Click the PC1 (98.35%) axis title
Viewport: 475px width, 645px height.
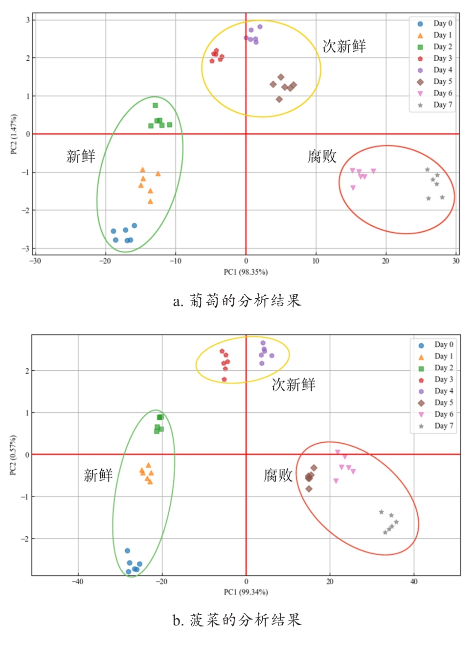click(x=246, y=272)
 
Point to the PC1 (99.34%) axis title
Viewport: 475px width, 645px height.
click(x=246, y=592)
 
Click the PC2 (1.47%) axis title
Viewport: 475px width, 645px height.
click(x=14, y=134)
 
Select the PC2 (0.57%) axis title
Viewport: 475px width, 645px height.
click(x=13, y=455)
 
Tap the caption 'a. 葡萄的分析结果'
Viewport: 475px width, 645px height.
click(x=237, y=300)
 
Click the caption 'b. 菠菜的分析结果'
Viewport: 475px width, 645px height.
click(x=237, y=620)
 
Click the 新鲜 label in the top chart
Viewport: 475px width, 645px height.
click(x=81, y=157)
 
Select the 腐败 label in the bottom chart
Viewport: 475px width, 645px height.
click(x=278, y=475)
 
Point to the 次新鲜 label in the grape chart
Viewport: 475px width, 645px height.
click(x=344, y=47)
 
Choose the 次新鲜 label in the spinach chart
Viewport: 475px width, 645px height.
click(x=294, y=385)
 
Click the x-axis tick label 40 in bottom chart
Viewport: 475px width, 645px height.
click(x=414, y=582)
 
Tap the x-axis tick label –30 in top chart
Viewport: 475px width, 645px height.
click(x=35, y=261)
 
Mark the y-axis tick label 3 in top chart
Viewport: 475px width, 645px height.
click(x=28, y=20)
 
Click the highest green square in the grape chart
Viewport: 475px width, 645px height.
click(x=155, y=105)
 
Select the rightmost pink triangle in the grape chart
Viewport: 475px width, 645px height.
click(x=373, y=171)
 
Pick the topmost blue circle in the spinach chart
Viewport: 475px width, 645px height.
click(x=127, y=551)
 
